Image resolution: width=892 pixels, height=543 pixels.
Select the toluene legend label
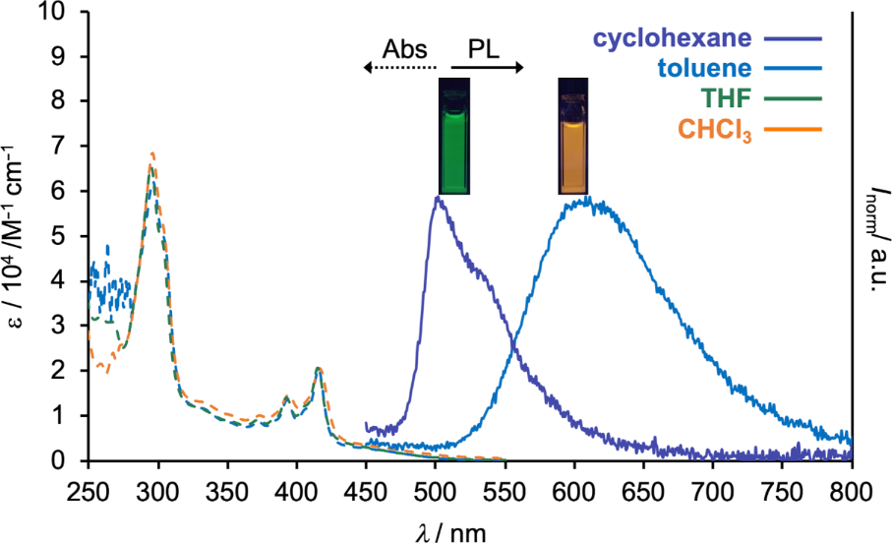tap(704, 69)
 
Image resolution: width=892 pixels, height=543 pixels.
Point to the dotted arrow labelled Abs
tap(398, 67)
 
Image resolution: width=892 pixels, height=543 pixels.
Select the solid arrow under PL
tap(487, 67)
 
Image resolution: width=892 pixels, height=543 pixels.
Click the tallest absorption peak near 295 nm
tap(152, 154)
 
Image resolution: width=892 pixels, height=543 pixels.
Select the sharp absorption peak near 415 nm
tap(318, 369)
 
